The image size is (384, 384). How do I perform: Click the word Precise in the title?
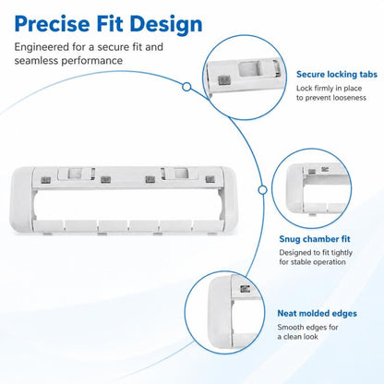click(52, 24)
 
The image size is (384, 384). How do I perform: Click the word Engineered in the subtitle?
click(42, 48)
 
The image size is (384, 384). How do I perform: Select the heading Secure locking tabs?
click(337, 75)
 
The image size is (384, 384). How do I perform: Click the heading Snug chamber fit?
click(315, 239)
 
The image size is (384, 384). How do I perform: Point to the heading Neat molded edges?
click(317, 314)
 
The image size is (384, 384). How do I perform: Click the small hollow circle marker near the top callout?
click(186, 87)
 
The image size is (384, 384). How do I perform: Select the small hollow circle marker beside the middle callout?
click(262, 190)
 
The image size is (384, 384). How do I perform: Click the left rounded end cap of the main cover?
click(21, 199)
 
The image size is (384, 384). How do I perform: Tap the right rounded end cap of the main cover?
click(229, 198)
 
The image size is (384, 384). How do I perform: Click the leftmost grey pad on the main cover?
click(45, 180)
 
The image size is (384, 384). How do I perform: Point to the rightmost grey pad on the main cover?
click(210, 179)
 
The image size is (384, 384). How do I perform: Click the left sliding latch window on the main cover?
click(75, 174)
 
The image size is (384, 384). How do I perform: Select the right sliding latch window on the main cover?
click(180, 173)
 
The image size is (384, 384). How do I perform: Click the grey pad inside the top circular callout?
click(224, 80)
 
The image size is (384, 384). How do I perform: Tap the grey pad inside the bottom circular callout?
click(245, 289)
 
